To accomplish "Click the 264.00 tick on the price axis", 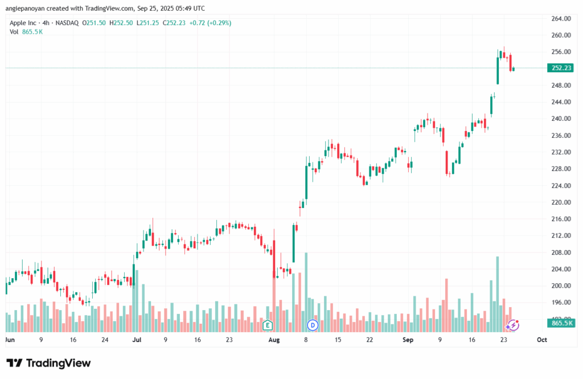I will pos(561,19).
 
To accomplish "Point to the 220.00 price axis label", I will pos(561,202).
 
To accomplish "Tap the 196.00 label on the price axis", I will pos(561,302).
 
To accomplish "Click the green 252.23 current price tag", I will pos(561,68).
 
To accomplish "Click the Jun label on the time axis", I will pos(9,340).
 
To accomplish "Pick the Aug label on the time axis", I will pos(274,340).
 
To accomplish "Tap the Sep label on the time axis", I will pos(408,340).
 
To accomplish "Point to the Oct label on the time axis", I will pos(541,340).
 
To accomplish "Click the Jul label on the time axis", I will pos(137,340).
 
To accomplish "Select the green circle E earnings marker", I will pos(268,325).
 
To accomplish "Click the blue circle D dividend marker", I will pos(312,325).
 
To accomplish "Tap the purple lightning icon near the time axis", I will pos(513,325).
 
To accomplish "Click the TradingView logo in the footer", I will pos(48,363).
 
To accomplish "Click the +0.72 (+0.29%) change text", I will pos(211,23).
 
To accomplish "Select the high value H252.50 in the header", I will pos(122,23).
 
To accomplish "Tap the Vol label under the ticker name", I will pos(14,32).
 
